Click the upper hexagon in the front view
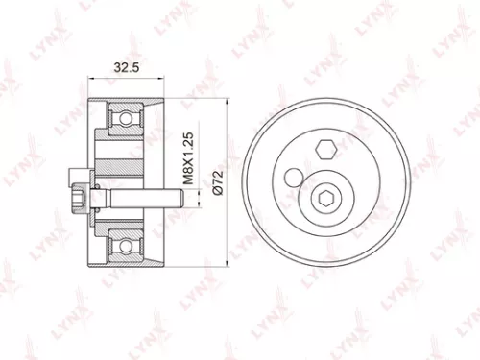click(324, 150)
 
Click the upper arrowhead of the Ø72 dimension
click(228, 102)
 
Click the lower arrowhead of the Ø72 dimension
click(228, 266)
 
